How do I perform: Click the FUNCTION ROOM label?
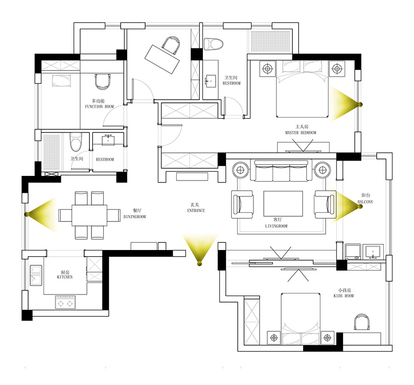[99, 106]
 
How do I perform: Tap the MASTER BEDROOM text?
[301, 132]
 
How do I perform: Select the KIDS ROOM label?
[343, 296]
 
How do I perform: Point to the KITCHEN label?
[65, 277]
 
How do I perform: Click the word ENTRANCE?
[196, 211]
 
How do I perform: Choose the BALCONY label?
[365, 202]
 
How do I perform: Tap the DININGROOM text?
[134, 217]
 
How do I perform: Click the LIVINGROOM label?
[276, 226]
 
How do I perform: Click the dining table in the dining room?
[89, 215]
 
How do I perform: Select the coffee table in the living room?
[283, 204]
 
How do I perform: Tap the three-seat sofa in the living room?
[281, 171]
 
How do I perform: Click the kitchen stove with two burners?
[65, 302]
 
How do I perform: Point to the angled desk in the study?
[162, 59]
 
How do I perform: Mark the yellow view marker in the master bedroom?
[347, 104]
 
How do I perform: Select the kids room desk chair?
[361, 322]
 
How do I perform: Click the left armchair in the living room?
[242, 205]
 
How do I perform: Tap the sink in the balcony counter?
[373, 252]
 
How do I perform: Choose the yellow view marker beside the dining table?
[41, 215]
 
